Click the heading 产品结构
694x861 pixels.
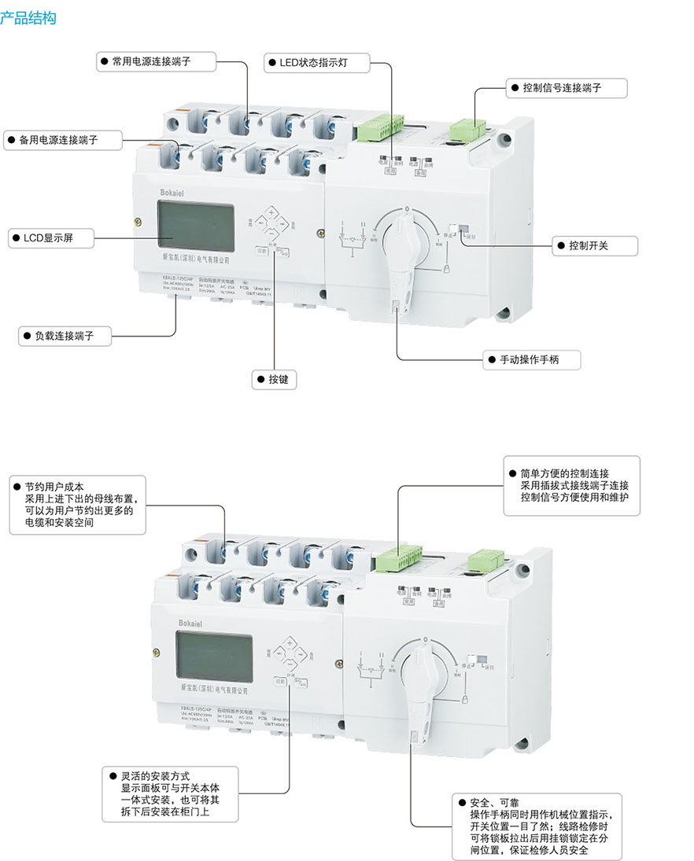28,17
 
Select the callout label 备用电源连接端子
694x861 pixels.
63,140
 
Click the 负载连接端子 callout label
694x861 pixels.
64,335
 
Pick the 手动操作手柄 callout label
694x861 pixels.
533,360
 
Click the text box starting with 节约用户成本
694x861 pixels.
78,505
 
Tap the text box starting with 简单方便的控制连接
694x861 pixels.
571,486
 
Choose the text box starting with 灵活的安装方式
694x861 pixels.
169,793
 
